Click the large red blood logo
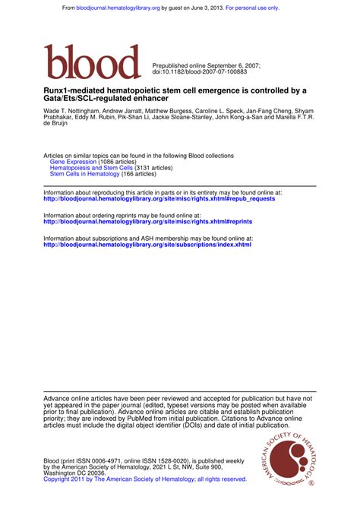93,62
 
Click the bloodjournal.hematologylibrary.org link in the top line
118,8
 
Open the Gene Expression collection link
73,162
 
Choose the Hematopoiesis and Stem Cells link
91,168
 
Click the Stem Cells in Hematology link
84,174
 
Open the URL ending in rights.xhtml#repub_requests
159,199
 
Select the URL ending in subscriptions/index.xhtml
147,245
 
